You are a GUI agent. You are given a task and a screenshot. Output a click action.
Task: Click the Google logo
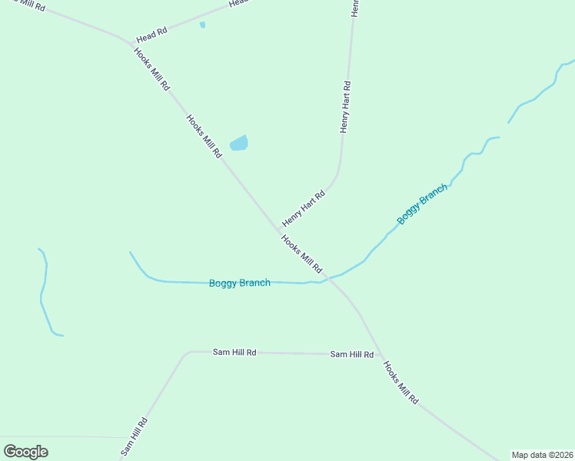[25, 452]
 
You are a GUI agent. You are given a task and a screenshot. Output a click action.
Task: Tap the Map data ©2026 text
[542, 454]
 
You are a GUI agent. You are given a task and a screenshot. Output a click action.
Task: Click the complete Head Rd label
[151, 35]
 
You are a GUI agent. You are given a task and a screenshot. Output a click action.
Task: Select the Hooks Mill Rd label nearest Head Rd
[151, 70]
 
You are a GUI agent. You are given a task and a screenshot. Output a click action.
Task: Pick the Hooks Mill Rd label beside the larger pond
[204, 136]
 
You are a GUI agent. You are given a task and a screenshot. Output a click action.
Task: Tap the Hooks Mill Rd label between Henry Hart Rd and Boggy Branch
[301, 254]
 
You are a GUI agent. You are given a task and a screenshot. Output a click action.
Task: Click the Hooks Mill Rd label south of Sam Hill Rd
[400, 383]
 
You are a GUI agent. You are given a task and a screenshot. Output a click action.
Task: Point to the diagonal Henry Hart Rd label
[304, 208]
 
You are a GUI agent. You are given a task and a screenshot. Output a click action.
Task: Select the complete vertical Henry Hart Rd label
[345, 107]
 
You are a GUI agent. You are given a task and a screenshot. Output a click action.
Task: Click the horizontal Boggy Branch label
[240, 283]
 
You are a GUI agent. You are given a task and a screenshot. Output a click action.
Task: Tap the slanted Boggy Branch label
[422, 204]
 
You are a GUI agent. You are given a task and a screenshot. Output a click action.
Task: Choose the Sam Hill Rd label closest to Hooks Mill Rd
[351, 354]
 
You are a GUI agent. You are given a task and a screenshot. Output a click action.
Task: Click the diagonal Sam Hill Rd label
[134, 437]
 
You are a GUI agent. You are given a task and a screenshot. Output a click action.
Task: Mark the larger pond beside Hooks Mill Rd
[239, 143]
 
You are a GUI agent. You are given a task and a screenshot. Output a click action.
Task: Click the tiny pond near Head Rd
[202, 25]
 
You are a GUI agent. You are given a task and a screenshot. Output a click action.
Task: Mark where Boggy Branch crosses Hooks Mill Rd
[327, 278]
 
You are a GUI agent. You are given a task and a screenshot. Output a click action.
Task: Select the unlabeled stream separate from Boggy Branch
[44, 292]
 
